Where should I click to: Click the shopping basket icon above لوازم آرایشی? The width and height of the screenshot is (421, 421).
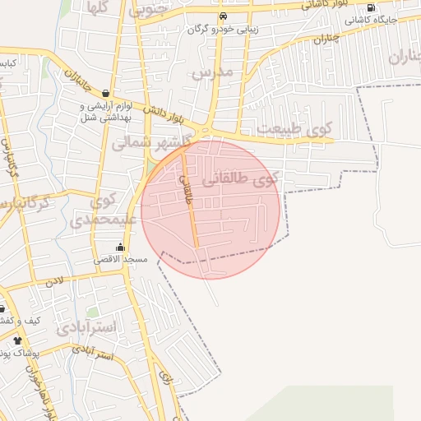coord(106,94)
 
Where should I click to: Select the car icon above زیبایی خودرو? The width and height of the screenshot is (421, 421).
coord(222,16)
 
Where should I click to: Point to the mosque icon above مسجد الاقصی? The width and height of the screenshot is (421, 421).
coord(121,248)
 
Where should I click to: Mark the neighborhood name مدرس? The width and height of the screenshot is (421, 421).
coord(213,72)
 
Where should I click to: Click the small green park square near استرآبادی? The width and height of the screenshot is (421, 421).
coord(93,312)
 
